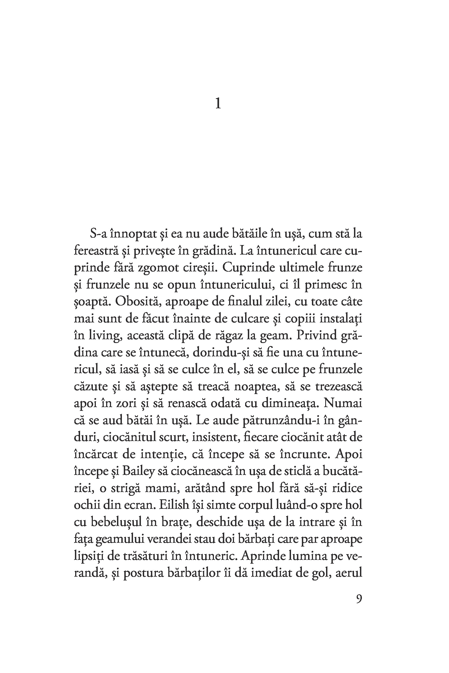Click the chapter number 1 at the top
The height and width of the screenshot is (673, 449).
(218, 104)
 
